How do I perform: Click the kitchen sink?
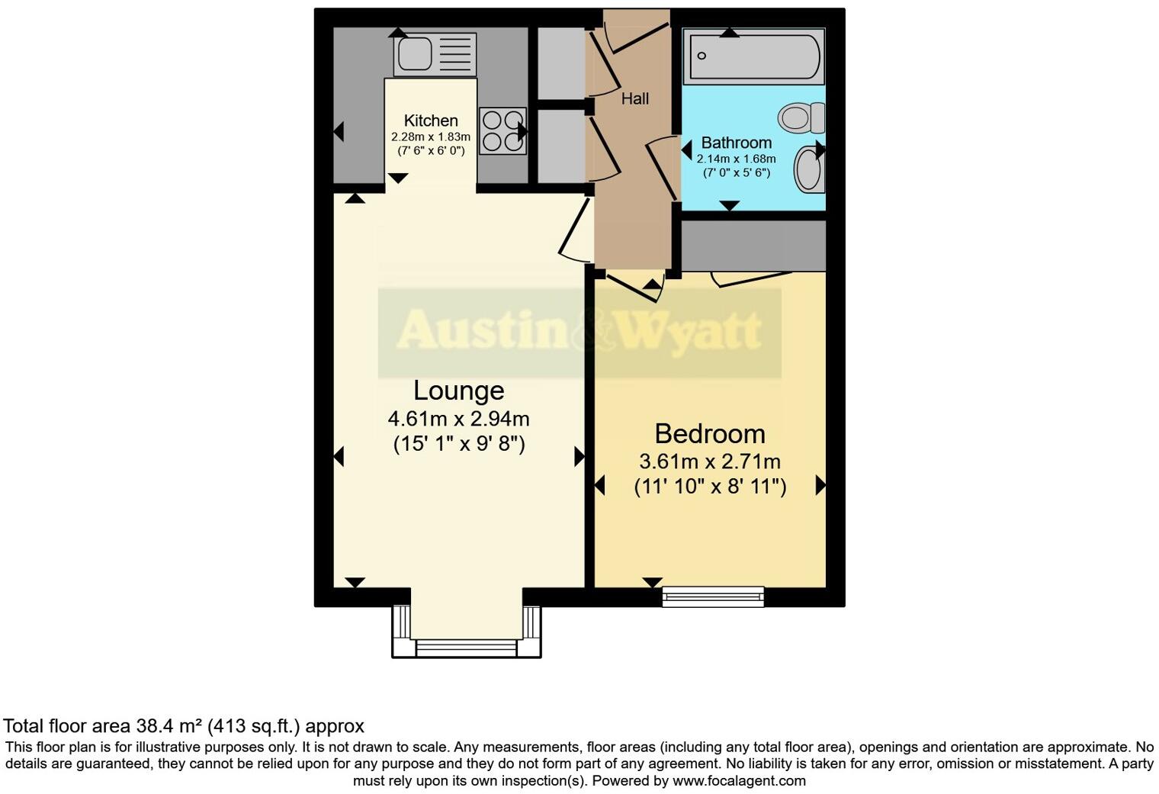(434, 54)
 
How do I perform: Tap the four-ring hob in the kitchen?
(502, 131)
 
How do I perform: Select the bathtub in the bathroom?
(753, 56)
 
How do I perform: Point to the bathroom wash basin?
(808, 169)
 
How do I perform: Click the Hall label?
(634, 98)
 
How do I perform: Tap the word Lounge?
(458, 391)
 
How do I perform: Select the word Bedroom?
(709, 433)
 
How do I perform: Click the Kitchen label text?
(431, 121)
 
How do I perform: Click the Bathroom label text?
(736, 143)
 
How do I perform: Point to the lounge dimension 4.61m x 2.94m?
(458, 419)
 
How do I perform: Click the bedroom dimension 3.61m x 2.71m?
(709, 461)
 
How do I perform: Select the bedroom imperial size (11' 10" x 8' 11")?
(709, 487)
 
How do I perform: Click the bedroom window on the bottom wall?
(713, 596)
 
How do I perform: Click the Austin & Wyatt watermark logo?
(579, 332)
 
